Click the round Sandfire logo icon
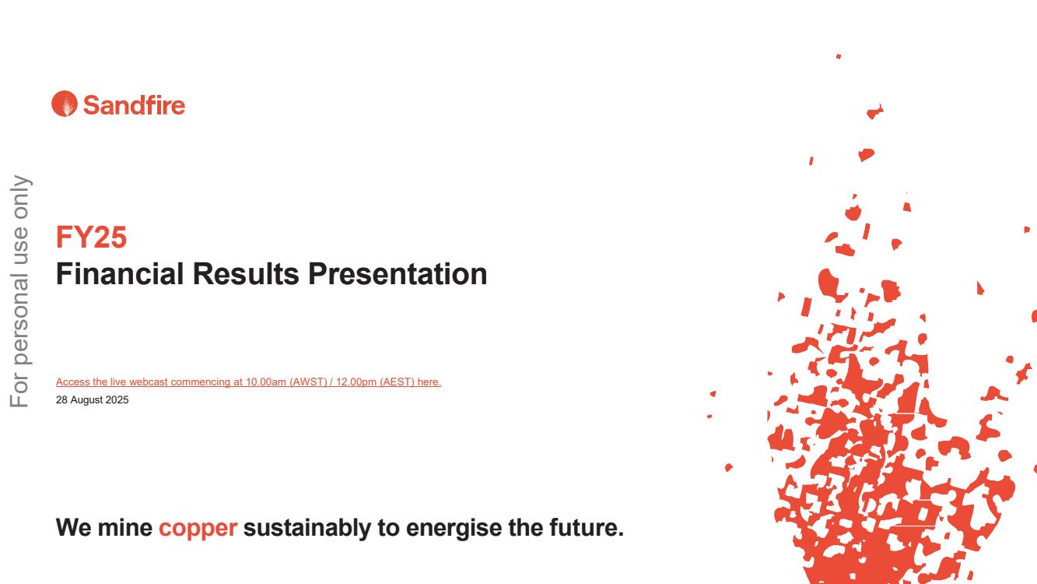tap(65, 104)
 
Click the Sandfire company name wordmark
tap(135, 105)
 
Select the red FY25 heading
tap(91, 237)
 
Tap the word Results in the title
tap(246, 274)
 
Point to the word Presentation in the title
tap(398, 274)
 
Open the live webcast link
tap(249, 382)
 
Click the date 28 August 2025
tap(92, 399)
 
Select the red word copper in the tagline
tap(198, 528)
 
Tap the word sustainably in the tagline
tap(307, 528)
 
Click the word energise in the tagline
tap(454, 528)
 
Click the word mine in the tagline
tap(125, 527)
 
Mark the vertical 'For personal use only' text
tap(19, 291)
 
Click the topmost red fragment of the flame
tap(839, 57)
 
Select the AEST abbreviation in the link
tap(397, 382)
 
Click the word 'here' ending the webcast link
tap(428, 382)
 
